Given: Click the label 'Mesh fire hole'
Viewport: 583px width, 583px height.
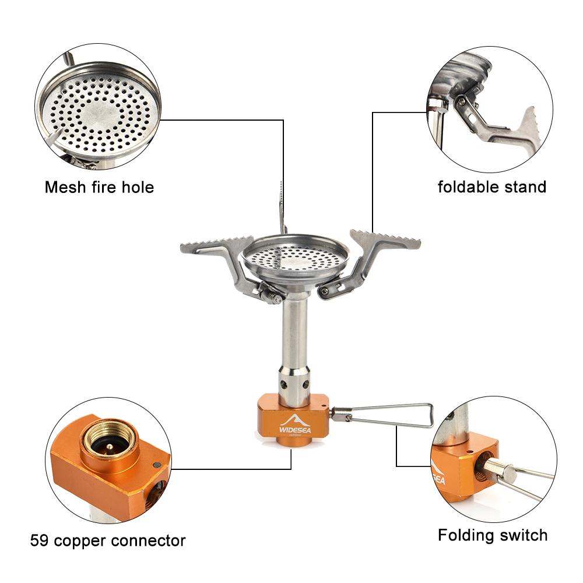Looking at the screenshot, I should (99, 188).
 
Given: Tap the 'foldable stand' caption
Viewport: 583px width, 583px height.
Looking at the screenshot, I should (492, 187).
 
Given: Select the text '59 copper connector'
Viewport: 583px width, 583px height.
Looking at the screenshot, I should (108, 540).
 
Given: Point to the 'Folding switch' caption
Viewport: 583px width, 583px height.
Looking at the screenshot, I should (493, 535).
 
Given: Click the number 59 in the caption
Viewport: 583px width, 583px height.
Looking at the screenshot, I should (39, 540).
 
